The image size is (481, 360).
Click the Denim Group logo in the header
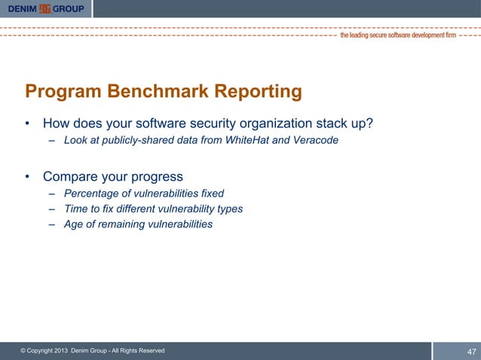point(47,8)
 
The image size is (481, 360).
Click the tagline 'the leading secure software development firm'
point(398,35)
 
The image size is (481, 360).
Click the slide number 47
point(472,352)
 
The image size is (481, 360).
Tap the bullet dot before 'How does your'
point(28,124)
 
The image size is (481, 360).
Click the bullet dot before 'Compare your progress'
point(28,178)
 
